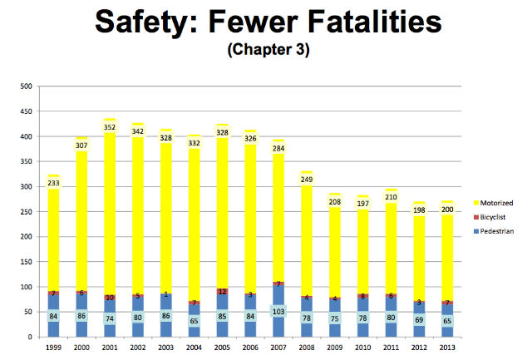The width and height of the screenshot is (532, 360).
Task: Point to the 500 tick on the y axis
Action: pos(26,86)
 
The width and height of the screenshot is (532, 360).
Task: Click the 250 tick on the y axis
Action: pos(26,211)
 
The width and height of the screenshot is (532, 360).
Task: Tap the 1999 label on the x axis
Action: pos(53,348)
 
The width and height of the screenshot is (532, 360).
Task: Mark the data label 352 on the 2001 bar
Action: pos(110,127)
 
